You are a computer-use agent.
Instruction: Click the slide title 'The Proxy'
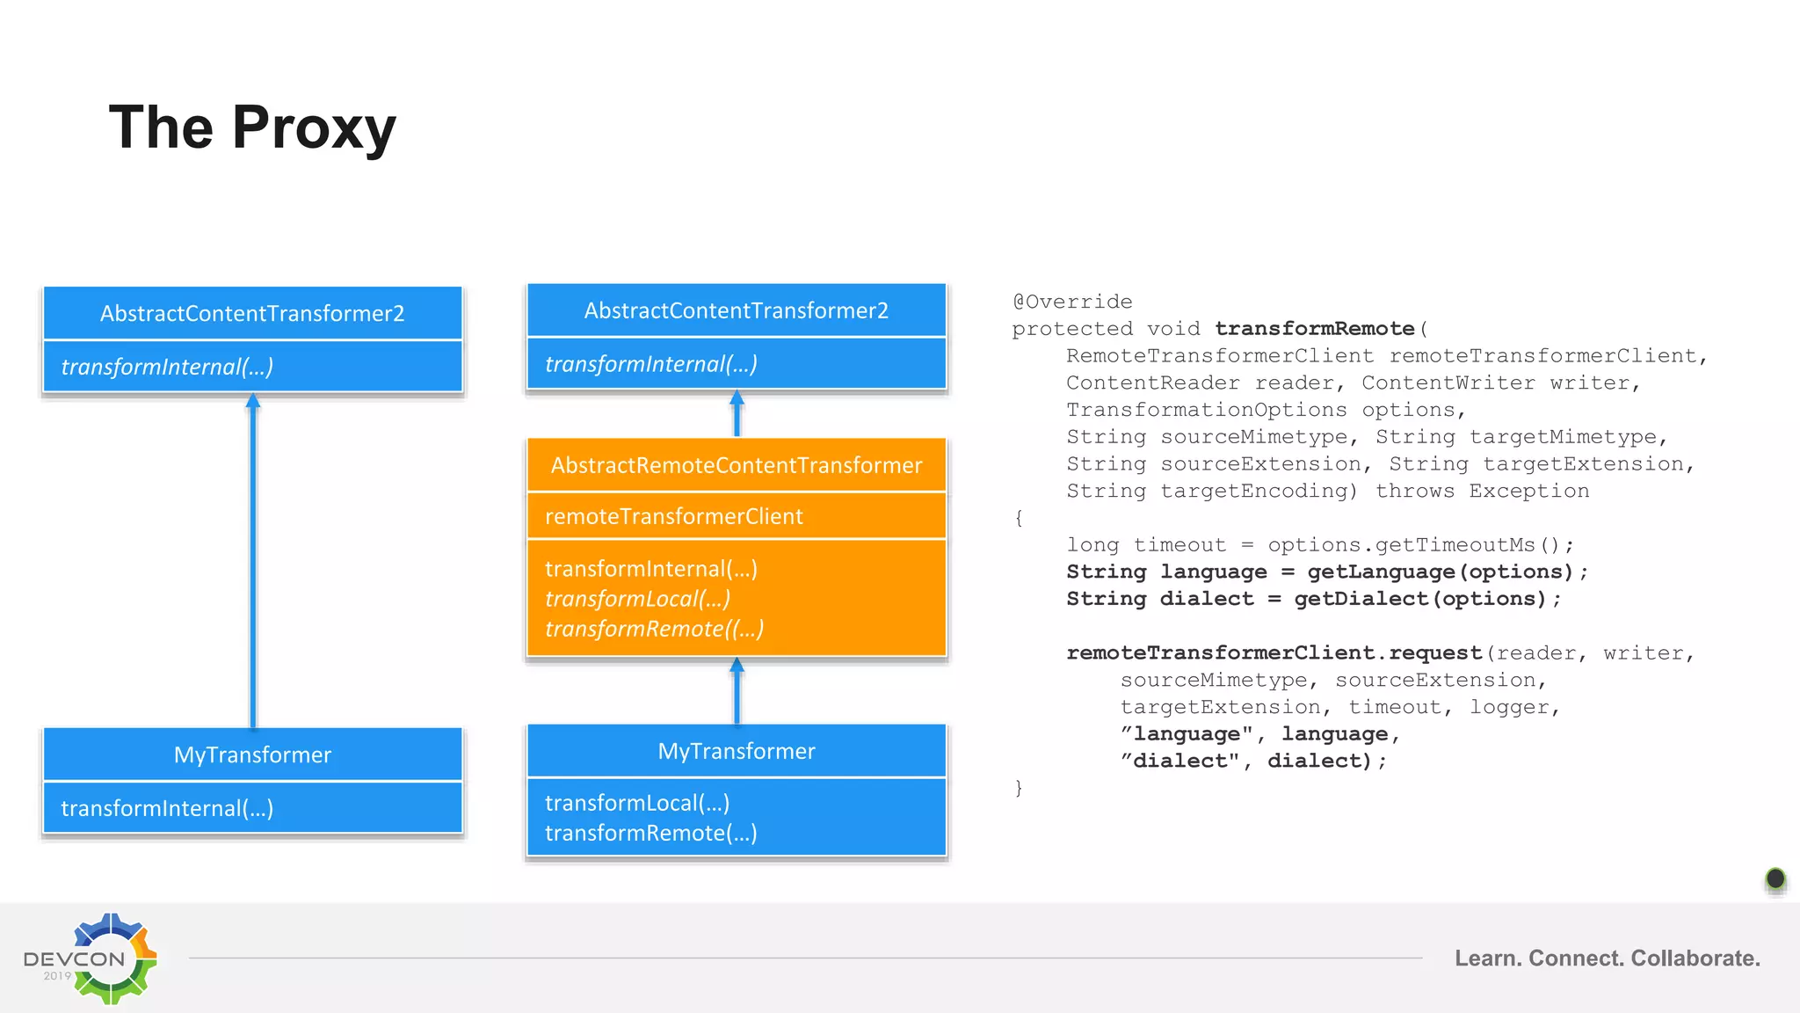252,128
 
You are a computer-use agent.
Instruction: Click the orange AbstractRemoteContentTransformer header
737,465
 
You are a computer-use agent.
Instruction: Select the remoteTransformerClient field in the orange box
673,516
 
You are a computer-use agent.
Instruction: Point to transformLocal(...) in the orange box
637,599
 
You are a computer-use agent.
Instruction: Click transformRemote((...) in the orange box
654,629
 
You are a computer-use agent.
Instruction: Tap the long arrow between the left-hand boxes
253,563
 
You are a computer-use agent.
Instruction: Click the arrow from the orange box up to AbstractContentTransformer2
737,414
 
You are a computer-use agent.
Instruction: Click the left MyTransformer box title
252,754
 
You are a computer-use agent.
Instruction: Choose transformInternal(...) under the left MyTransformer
167,808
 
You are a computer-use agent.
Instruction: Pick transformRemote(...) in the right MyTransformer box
650,833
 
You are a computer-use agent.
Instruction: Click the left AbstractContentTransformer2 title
252,313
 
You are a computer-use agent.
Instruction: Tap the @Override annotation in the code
1072,302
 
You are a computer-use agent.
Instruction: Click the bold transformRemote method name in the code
1315,329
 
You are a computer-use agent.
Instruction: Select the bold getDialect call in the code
1361,599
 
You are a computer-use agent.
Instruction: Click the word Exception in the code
1528,491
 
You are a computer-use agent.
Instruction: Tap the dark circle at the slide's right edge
1775,878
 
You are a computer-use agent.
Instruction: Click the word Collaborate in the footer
1695,958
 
